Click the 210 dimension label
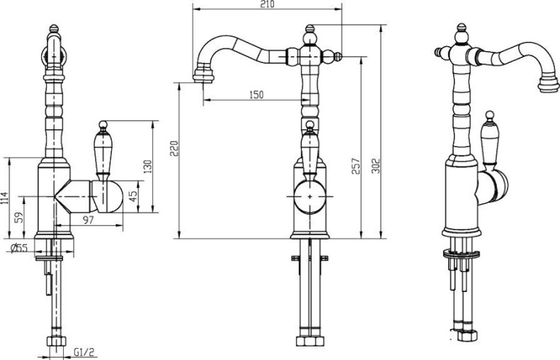(267, 4)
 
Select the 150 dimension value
(256, 95)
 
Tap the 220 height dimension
(174, 148)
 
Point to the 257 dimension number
(356, 166)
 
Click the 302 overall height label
(376, 165)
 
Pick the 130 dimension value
(147, 167)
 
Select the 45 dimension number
(133, 196)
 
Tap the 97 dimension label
(87, 220)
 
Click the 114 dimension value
(4, 198)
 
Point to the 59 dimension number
(20, 217)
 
